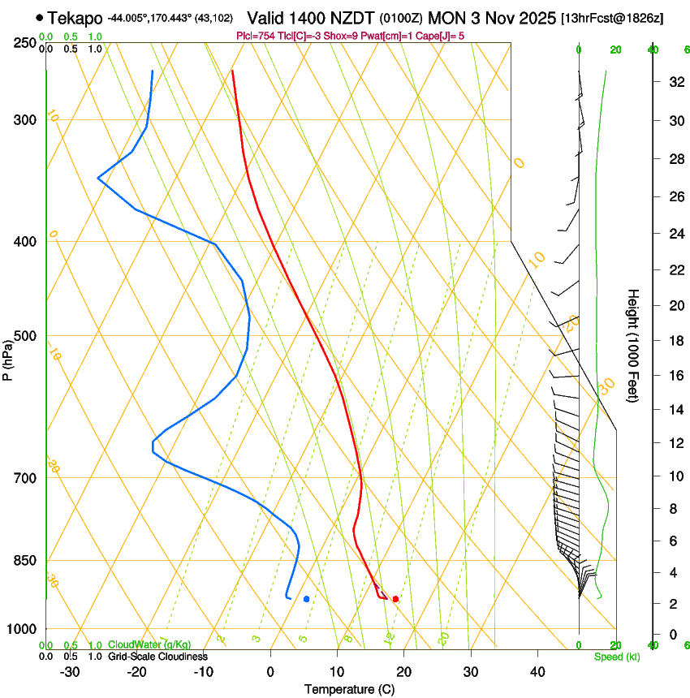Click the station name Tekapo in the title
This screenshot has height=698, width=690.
coord(75,17)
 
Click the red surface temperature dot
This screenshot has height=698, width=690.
coord(395,599)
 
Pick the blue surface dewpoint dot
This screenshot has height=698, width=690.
coord(306,599)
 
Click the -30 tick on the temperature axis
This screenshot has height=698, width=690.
coord(71,671)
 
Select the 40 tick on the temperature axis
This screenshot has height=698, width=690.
coord(537,671)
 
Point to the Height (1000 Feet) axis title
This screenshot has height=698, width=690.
coord(633,346)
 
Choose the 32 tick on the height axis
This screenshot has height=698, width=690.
coord(673,82)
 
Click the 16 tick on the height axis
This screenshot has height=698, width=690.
coord(673,375)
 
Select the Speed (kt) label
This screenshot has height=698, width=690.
coord(616,657)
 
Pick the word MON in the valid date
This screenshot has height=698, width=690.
coord(449,17)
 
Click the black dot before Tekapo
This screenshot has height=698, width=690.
coord(40,17)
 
